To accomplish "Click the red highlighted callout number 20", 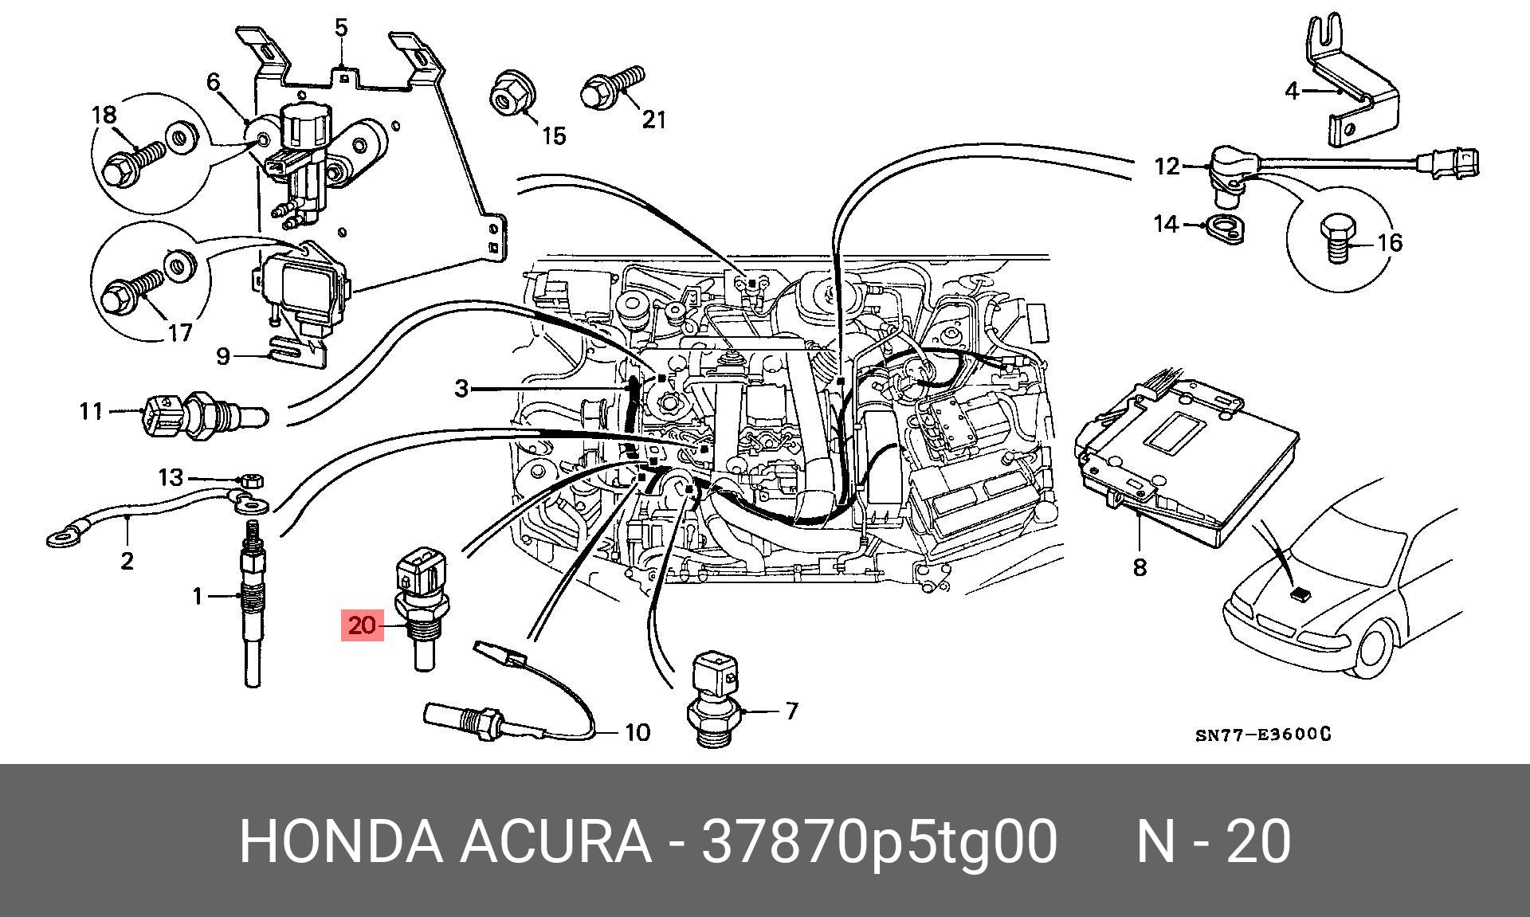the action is click(361, 625).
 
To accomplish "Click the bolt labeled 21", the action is click(612, 88).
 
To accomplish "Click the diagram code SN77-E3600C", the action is click(1263, 734).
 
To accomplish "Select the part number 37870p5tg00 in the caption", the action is click(878, 841).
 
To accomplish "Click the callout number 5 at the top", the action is click(341, 29).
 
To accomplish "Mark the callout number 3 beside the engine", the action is click(461, 389).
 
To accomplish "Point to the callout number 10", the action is click(637, 731).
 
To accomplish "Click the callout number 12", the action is click(1167, 167).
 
